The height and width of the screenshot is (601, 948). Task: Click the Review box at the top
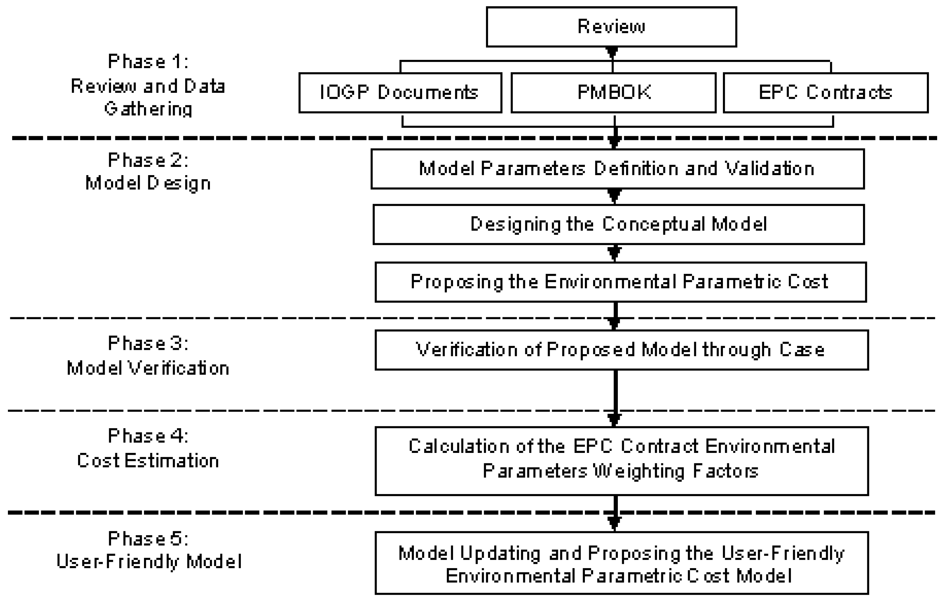pos(611,27)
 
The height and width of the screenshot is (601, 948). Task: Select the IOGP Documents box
pos(400,93)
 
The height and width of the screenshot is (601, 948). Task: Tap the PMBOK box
pos(613,93)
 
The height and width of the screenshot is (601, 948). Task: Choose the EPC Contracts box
pos(825,93)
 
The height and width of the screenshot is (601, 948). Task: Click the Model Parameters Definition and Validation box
pos(617,169)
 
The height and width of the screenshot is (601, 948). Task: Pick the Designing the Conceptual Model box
pos(618,224)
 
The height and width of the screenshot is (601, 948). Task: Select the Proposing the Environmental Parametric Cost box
pos(620,282)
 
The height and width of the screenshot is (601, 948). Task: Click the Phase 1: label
pos(148,62)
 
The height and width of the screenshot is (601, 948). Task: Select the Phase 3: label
pos(148,343)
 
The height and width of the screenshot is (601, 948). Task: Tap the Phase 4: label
pos(148,436)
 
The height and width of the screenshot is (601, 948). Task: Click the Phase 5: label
pos(148,538)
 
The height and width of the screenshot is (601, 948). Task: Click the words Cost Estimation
pos(148,460)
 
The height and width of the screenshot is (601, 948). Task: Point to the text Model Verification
pos(148,369)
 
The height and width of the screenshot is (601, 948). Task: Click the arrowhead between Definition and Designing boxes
pos(614,195)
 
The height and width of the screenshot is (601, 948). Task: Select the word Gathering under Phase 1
pos(148,109)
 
